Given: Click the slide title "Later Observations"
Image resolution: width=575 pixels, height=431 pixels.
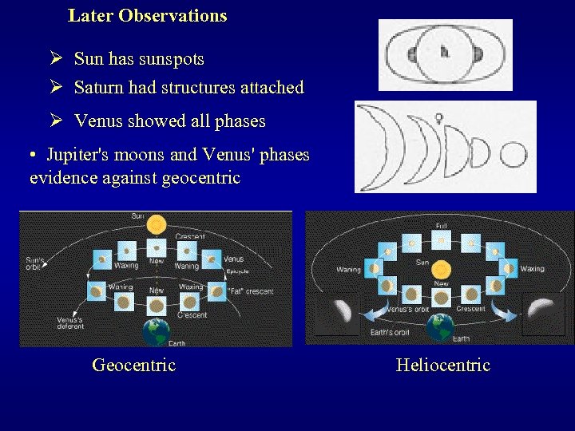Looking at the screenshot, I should (148, 16).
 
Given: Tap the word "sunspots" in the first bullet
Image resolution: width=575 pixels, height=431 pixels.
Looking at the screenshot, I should (171, 59).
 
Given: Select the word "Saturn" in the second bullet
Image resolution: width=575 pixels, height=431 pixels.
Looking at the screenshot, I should (100, 88).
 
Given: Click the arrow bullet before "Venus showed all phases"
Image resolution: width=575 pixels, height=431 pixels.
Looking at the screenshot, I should (55, 121).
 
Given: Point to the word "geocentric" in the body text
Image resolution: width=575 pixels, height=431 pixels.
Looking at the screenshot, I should (200, 178).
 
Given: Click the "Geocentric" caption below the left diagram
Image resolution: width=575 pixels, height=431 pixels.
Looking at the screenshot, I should (133, 366).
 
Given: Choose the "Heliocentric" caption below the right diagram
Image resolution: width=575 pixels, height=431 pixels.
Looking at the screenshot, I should (442, 366).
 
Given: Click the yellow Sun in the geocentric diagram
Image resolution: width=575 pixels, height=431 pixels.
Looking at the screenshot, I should (157, 224).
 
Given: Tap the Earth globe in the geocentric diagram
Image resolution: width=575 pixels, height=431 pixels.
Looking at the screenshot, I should (155, 332).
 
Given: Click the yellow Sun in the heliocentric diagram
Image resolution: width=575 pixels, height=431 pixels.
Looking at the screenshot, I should (442, 269).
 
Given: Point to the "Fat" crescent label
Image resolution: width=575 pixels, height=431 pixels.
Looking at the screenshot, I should (250, 291).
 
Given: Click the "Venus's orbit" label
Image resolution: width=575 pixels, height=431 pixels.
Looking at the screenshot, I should (407, 309).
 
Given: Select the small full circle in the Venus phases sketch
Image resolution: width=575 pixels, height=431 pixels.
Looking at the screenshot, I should (513, 153).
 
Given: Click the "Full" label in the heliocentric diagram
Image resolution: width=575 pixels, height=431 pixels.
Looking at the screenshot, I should (441, 226).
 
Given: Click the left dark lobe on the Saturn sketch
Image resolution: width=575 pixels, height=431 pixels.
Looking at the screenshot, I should (413, 55).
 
